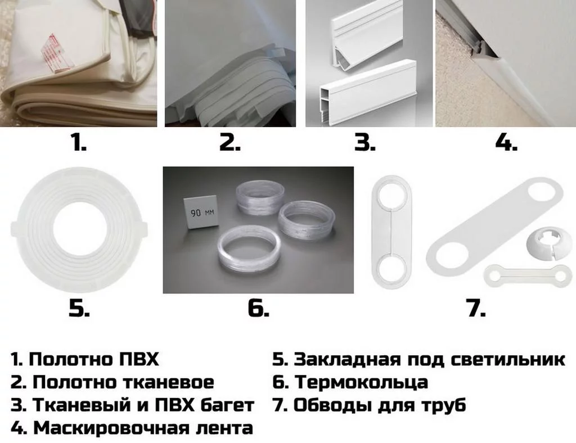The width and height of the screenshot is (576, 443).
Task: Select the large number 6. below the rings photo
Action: tap(258, 308)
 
